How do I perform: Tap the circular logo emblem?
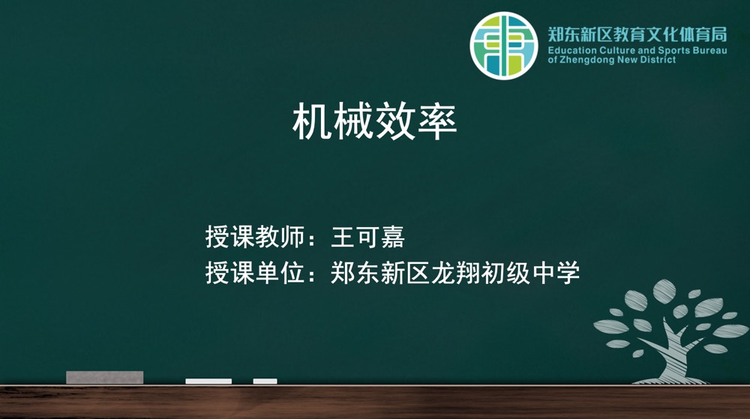pos(504,46)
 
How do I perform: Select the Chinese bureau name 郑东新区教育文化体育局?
pos(637,34)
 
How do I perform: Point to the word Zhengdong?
pos(587,60)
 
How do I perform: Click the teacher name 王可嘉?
pos(367,237)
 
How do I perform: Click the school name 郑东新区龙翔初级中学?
pos(455,273)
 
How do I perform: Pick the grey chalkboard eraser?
pos(105,377)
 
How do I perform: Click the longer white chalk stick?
pos(208,382)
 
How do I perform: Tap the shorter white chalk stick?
pos(265,382)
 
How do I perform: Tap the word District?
pos(658,60)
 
